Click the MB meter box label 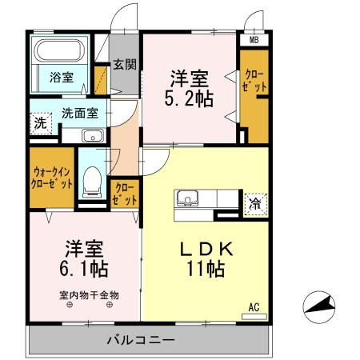click(254, 39)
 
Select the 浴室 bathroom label click(62, 78)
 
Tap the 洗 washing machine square click(40, 124)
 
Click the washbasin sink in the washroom click(92, 134)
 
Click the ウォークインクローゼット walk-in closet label click(52, 177)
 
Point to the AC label click(254, 306)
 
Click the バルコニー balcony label click(142, 341)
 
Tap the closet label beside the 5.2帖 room click(253, 81)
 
